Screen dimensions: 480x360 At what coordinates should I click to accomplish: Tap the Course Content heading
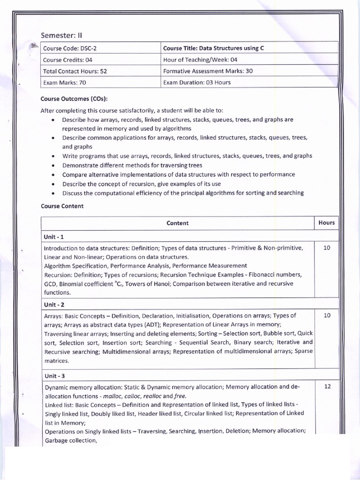click(x=62, y=206)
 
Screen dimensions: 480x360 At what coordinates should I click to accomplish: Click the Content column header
click(x=177, y=223)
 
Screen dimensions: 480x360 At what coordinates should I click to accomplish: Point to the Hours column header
click(x=326, y=223)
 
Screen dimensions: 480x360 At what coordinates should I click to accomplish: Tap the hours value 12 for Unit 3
click(x=327, y=387)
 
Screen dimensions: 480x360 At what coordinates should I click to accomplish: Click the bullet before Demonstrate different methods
click(x=54, y=165)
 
